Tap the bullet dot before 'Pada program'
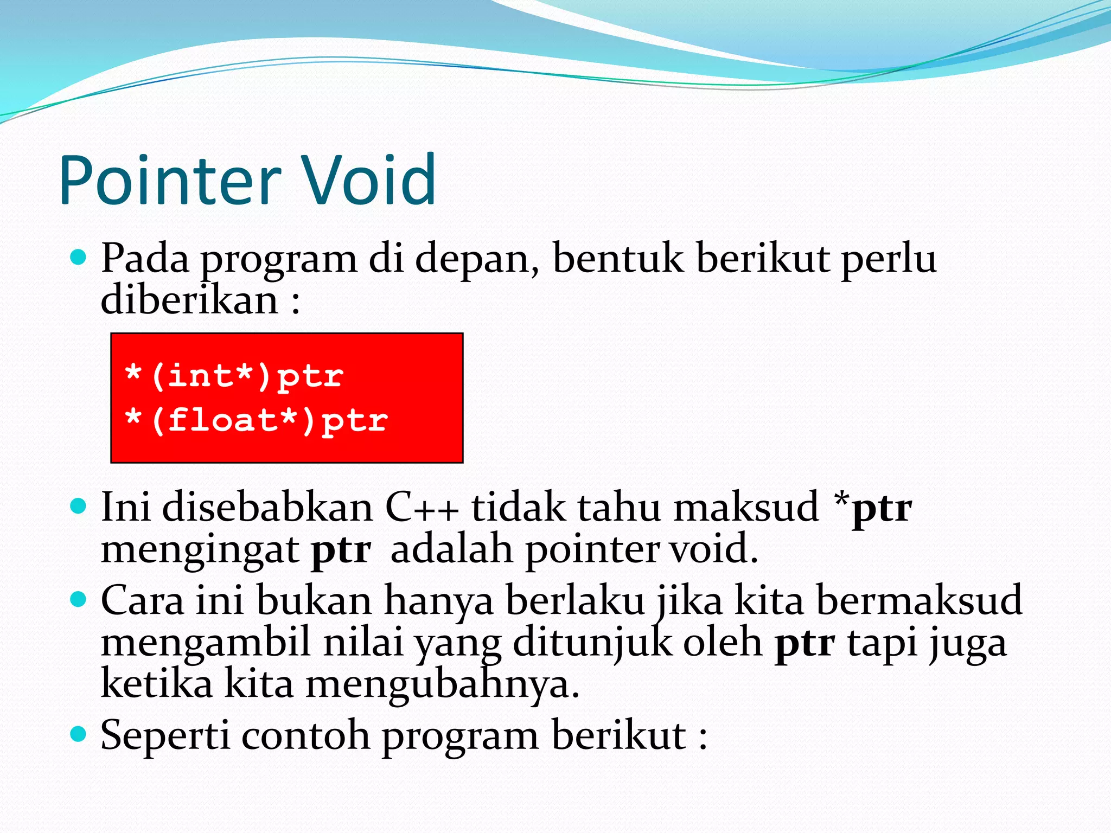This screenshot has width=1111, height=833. (79, 257)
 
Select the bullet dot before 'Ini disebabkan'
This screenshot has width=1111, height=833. (79, 507)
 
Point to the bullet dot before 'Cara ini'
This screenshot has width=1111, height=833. (79, 599)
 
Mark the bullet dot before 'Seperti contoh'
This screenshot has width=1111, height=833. (79, 734)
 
